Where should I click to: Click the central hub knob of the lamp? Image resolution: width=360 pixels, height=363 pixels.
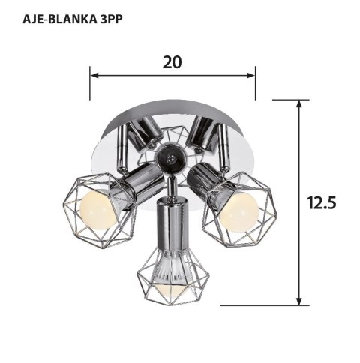[x=169, y=158]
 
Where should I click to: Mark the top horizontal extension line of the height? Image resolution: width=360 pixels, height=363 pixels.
[x=289, y=99]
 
